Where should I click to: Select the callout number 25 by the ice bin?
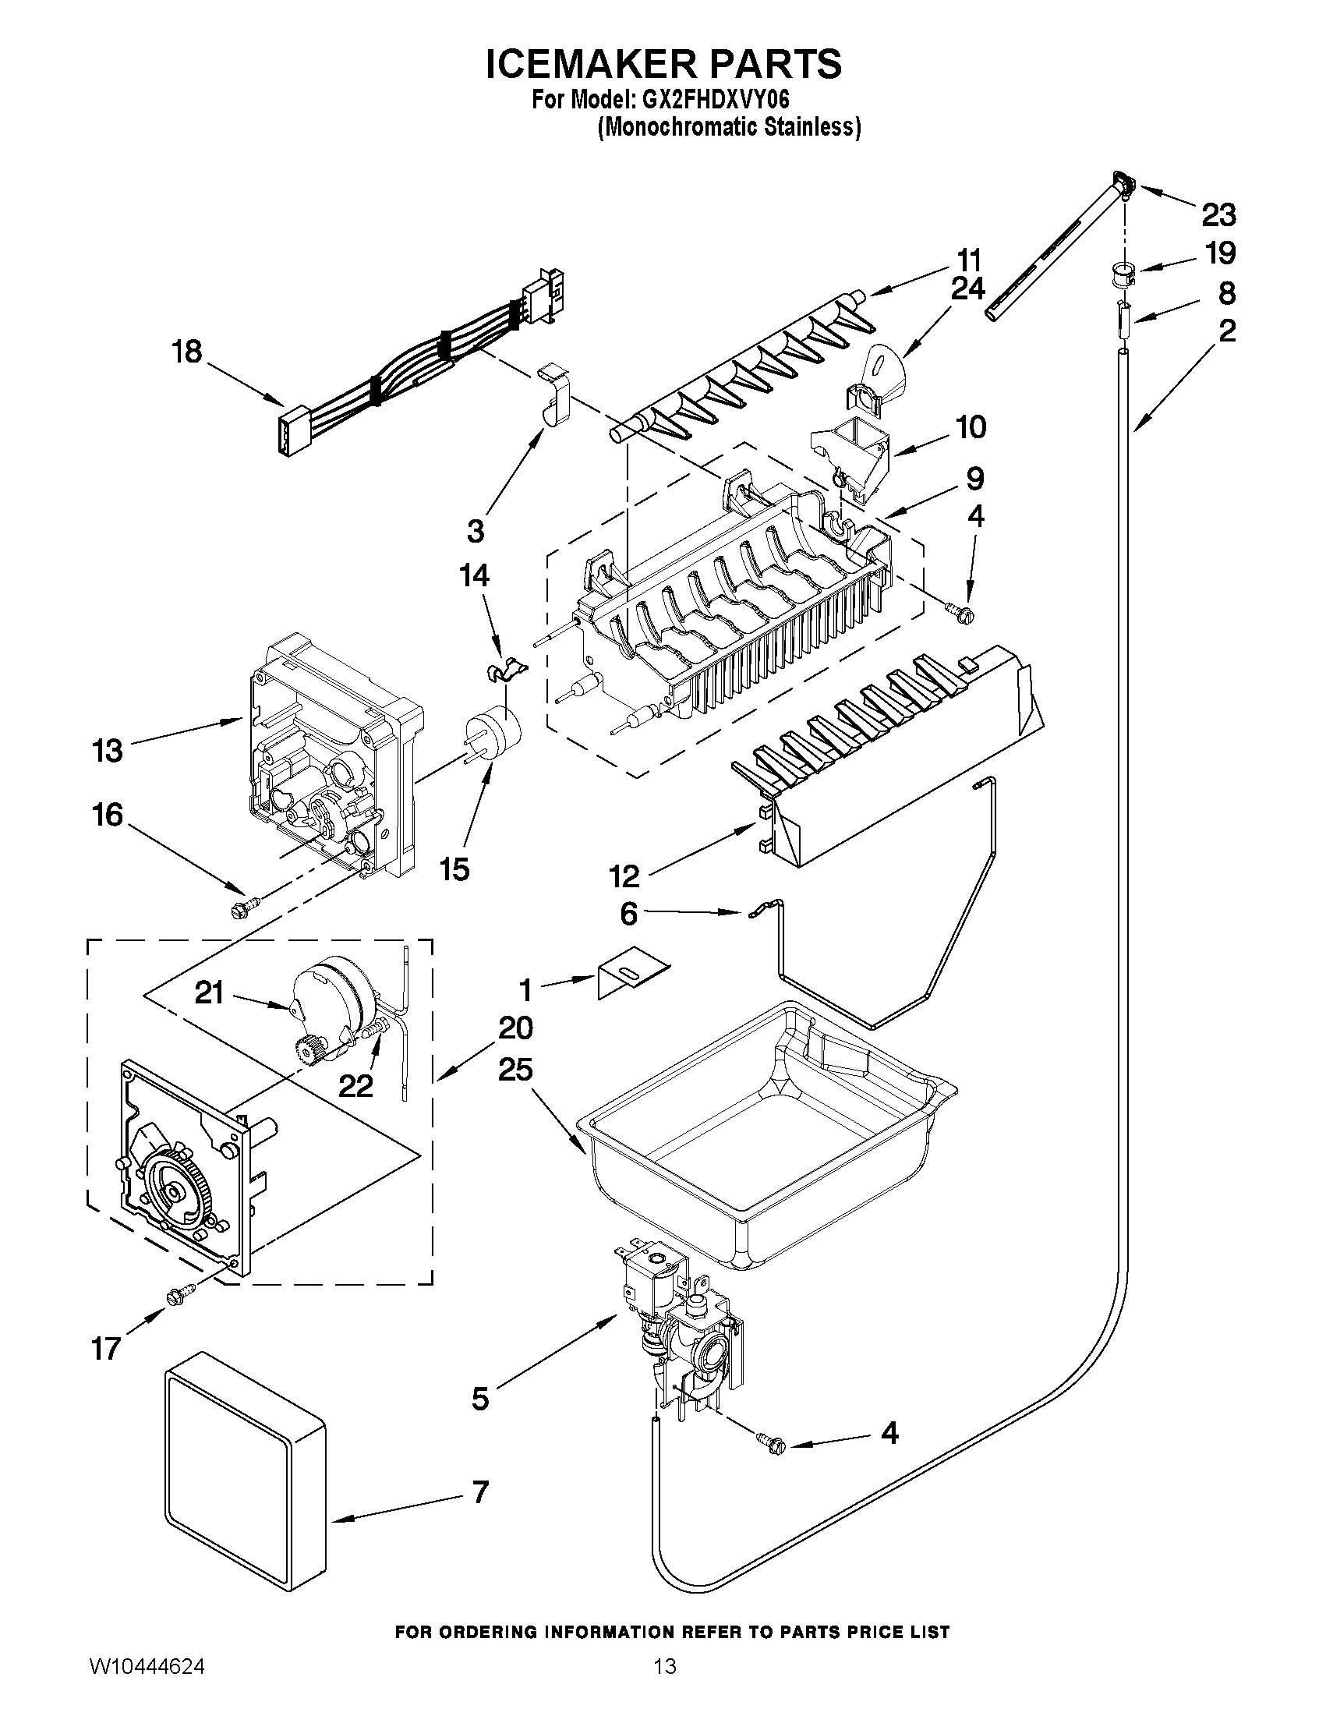click(514, 1070)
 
